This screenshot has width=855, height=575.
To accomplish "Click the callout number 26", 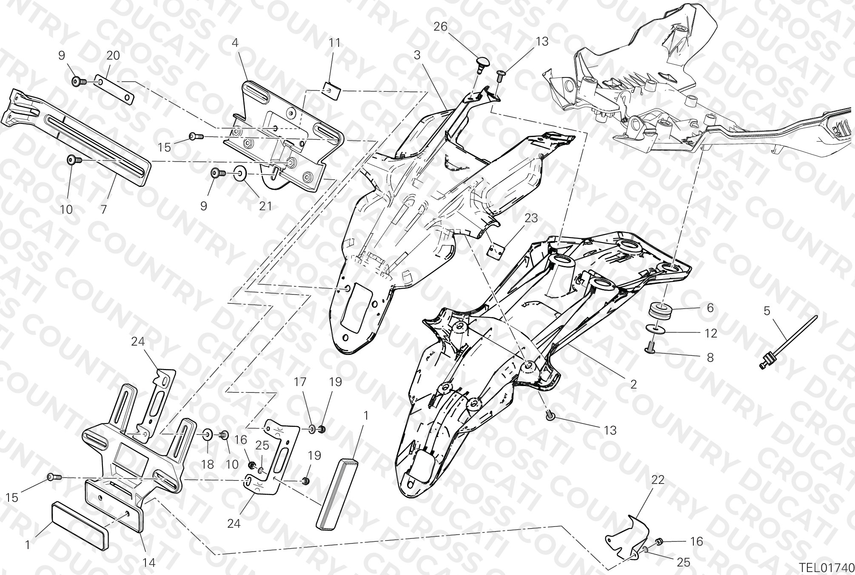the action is pyautogui.click(x=440, y=27).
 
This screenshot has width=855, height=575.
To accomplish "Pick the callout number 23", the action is pyautogui.click(x=531, y=218).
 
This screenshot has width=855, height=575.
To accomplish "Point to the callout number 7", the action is pyautogui.click(x=103, y=209).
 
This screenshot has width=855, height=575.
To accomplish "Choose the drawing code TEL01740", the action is pyautogui.click(x=826, y=568).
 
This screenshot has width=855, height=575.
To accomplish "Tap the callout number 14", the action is pyautogui.click(x=148, y=563).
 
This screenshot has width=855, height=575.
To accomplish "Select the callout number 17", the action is pyautogui.click(x=300, y=382).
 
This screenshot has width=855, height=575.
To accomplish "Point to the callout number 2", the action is pyautogui.click(x=633, y=384).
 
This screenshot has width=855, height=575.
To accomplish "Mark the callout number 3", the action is pyautogui.click(x=417, y=55).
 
